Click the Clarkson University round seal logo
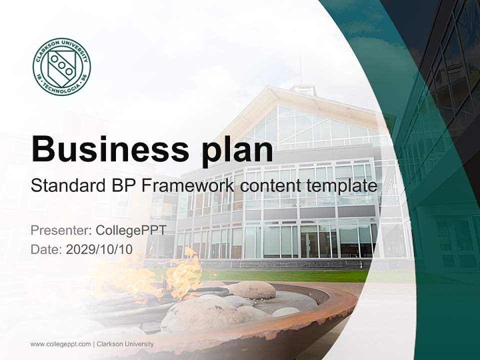(61, 66)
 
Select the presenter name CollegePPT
(131, 230)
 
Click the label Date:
(46, 249)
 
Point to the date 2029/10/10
(99, 249)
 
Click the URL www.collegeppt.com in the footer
(60, 344)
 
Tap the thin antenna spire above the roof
(300, 67)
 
